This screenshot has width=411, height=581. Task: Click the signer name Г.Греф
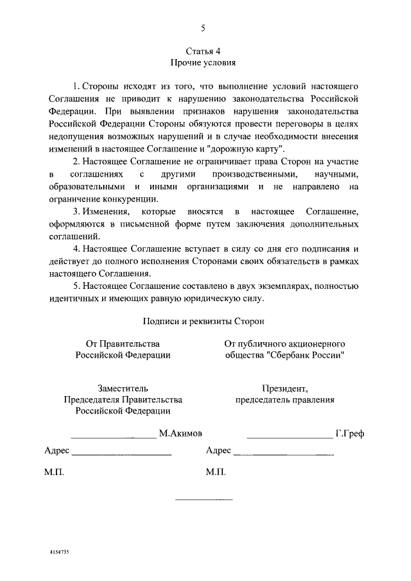point(349,433)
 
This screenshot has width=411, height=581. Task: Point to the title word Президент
point(284,388)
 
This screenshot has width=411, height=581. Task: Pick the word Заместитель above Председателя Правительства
point(123,388)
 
